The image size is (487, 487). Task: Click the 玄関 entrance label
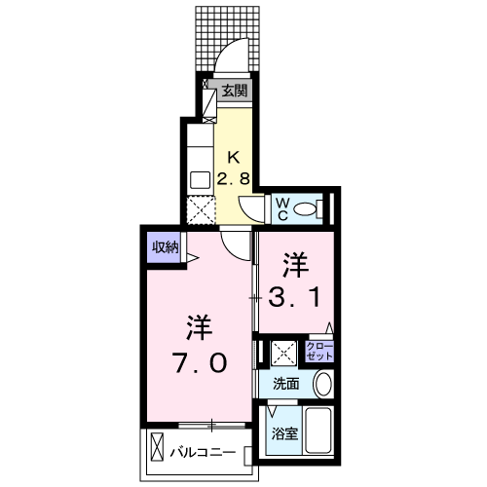234,92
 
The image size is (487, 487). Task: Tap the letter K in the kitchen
234,158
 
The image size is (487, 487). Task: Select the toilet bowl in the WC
307,207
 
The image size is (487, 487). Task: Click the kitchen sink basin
200,179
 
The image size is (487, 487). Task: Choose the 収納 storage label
165,246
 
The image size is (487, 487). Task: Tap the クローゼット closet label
318,352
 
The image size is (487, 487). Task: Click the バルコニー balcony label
203,453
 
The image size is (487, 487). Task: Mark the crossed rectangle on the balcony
158,453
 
